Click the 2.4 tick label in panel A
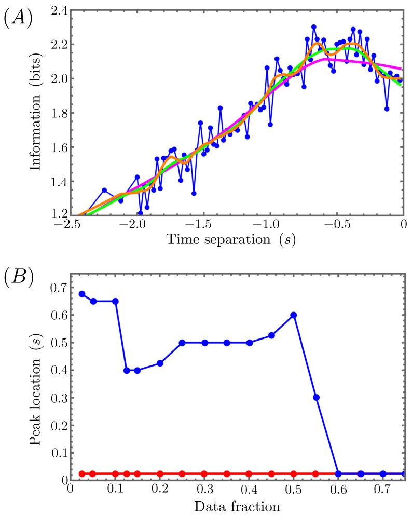(x=59, y=10)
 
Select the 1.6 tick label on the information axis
(x=59, y=147)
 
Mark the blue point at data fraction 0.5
(x=294, y=315)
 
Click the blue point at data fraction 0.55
(x=316, y=397)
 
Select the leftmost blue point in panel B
(x=82, y=294)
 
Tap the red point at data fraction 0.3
(x=204, y=473)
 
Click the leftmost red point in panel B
(x=82, y=473)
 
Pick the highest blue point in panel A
(x=314, y=26)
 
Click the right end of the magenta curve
(x=403, y=69)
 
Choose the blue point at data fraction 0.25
(x=182, y=343)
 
